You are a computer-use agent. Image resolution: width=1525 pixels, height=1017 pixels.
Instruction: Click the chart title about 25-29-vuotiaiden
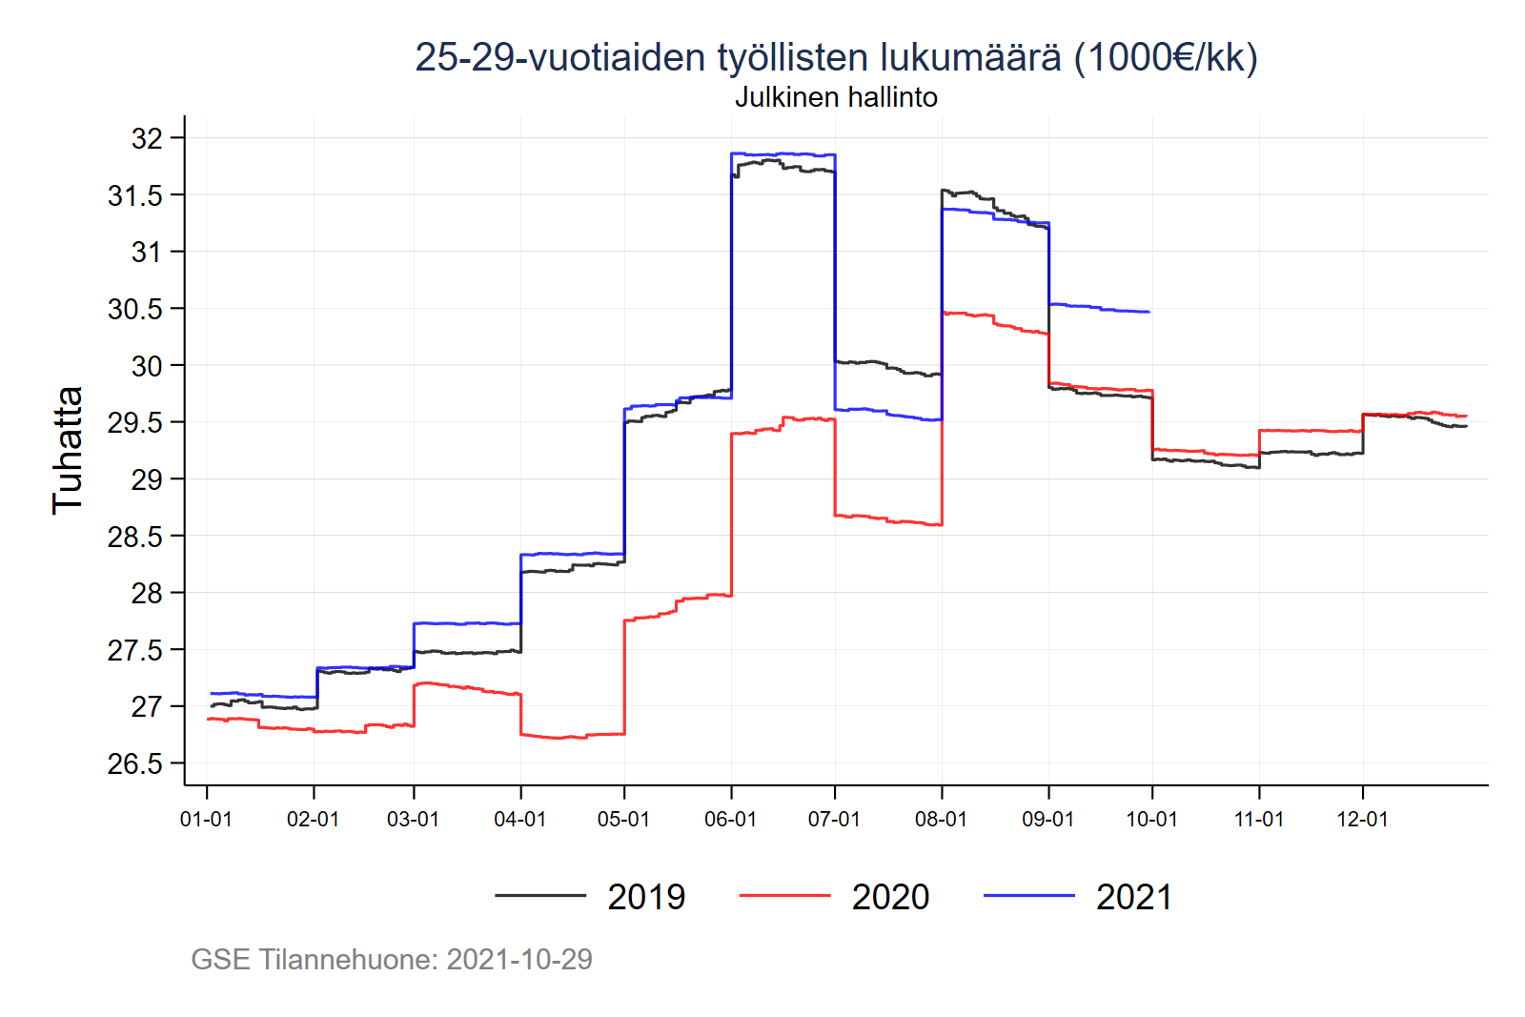[x=836, y=57]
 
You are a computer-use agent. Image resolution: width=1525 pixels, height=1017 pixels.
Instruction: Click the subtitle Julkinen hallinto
[x=836, y=97]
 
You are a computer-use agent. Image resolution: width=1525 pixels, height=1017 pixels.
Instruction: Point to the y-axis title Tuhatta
[x=68, y=450]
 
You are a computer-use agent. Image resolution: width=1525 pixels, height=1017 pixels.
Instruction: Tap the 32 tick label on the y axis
[x=147, y=138]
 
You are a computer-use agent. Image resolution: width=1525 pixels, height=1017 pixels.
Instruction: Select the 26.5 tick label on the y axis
[x=135, y=763]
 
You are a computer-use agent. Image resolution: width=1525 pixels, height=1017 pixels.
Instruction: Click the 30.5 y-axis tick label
[x=135, y=309]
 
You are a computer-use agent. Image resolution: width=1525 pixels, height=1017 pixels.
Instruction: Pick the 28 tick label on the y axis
[x=147, y=593]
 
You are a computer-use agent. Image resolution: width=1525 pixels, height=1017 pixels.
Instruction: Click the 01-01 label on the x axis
[x=206, y=820]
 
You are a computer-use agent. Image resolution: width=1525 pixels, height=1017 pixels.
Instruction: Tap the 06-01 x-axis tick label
[x=730, y=820]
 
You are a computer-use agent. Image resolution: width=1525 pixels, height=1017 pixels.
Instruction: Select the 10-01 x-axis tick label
[x=1151, y=820]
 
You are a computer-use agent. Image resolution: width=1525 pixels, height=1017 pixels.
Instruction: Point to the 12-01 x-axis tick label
[x=1362, y=820]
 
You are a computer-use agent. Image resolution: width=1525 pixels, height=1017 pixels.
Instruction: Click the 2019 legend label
[x=646, y=897]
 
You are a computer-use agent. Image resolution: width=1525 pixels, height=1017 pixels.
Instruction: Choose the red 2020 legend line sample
[x=784, y=896]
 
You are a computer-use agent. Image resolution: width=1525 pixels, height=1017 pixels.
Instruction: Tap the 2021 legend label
[x=1134, y=897]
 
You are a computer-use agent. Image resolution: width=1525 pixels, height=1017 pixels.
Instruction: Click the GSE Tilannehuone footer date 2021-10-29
[x=519, y=959]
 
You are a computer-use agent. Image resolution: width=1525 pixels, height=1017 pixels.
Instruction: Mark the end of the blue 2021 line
[x=1149, y=312]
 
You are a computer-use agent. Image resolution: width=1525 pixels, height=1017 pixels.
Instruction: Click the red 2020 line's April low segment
[x=572, y=736]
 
